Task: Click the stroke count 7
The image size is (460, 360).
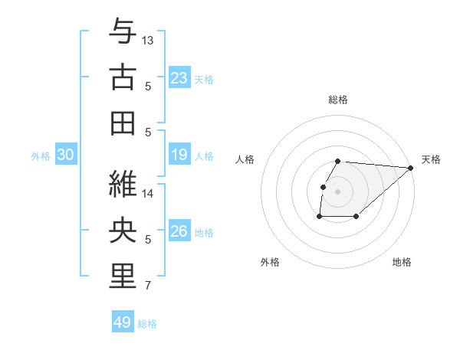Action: click(x=148, y=286)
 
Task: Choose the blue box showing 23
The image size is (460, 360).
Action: click(x=179, y=78)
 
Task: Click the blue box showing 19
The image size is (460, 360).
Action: click(x=179, y=155)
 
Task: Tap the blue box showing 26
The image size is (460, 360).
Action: click(x=179, y=231)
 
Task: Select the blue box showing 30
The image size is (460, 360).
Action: click(x=65, y=155)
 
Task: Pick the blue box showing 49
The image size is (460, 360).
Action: click(x=123, y=322)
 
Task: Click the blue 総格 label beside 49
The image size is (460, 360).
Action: click(x=147, y=324)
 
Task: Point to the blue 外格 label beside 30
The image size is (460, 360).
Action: click(x=41, y=156)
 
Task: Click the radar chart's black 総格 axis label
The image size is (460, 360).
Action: click(x=338, y=100)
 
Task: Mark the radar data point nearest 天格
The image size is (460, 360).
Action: click(x=411, y=169)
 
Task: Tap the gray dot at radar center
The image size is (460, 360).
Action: click(x=337, y=191)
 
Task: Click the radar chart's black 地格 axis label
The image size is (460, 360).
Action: click(x=402, y=263)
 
